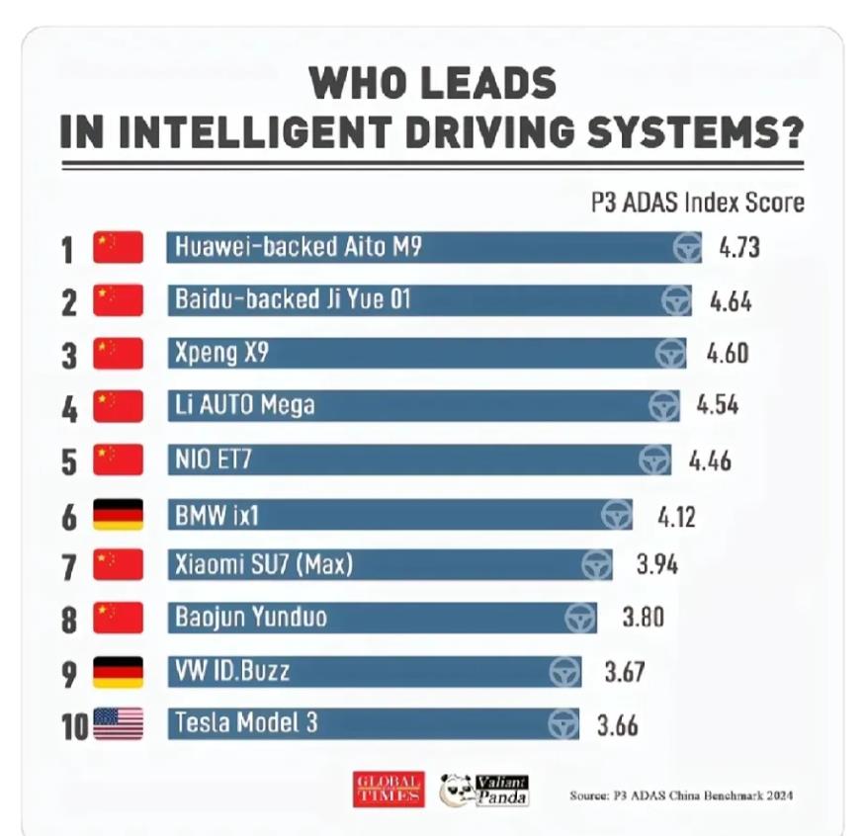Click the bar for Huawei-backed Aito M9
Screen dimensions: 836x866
(425, 247)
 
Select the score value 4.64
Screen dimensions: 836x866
(731, 300)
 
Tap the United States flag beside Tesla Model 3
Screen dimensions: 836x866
(118, 724)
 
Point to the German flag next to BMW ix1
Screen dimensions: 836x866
(118, 513)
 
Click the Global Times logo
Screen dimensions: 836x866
(389, 789)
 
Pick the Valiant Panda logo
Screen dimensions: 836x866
(485, 789)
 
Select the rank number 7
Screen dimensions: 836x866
(69, 567)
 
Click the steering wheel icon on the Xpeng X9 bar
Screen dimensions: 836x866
(671, 353)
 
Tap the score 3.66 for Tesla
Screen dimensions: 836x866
(617, 724)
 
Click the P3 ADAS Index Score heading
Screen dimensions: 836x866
(697, 203)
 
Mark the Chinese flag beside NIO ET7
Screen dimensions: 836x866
(118, 460)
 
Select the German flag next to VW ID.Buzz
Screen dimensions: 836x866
(118, 672)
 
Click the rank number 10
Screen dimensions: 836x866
(74, 726)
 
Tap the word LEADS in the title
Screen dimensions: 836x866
(480, 83)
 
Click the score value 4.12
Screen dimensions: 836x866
(676, 514)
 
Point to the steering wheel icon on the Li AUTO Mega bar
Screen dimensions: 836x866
(663, 406)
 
